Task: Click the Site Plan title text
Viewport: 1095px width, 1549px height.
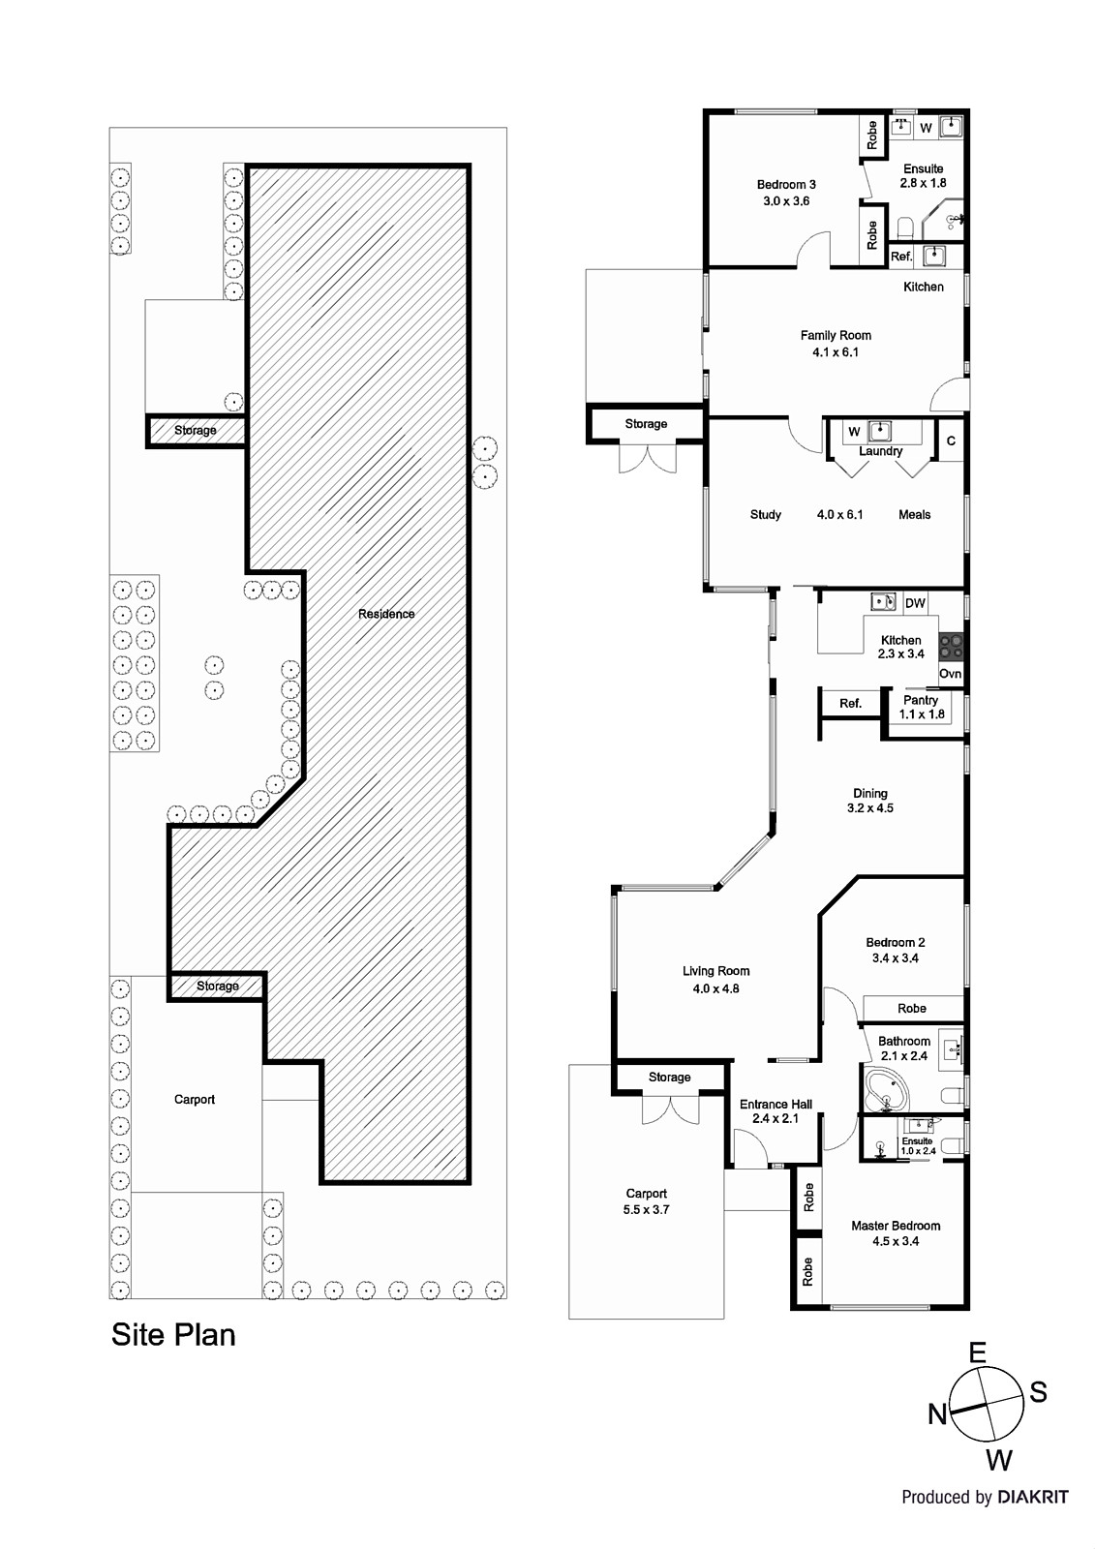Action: click(173, 1335)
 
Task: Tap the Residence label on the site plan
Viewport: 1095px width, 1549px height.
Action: click(386, 614)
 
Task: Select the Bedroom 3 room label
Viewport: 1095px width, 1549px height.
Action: click(786, 185)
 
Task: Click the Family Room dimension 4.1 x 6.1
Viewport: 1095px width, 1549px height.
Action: click(836, 352)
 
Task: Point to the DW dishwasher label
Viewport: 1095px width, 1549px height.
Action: click(915, 603)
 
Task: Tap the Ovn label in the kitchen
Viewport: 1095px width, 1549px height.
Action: click(951, 674)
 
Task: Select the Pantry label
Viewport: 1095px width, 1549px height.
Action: click(921, 700)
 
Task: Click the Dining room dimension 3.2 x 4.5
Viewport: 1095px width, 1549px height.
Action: click(870, 807)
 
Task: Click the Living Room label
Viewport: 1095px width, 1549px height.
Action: click(715, 971)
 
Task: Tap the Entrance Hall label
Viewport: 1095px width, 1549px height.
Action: click(776, 1105)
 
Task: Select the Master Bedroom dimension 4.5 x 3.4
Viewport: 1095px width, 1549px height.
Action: click(896, 1241)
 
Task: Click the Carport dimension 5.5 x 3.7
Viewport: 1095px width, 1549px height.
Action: click(646, 1209)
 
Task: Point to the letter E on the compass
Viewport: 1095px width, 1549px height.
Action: click(978, 1352)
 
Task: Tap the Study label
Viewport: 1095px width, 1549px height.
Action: click(766, 514)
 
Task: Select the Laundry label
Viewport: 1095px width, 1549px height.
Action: click(881, 451)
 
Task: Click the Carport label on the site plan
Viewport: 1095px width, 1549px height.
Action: click(195, 1100)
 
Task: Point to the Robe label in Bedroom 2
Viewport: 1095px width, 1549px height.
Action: click(912, 1008)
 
